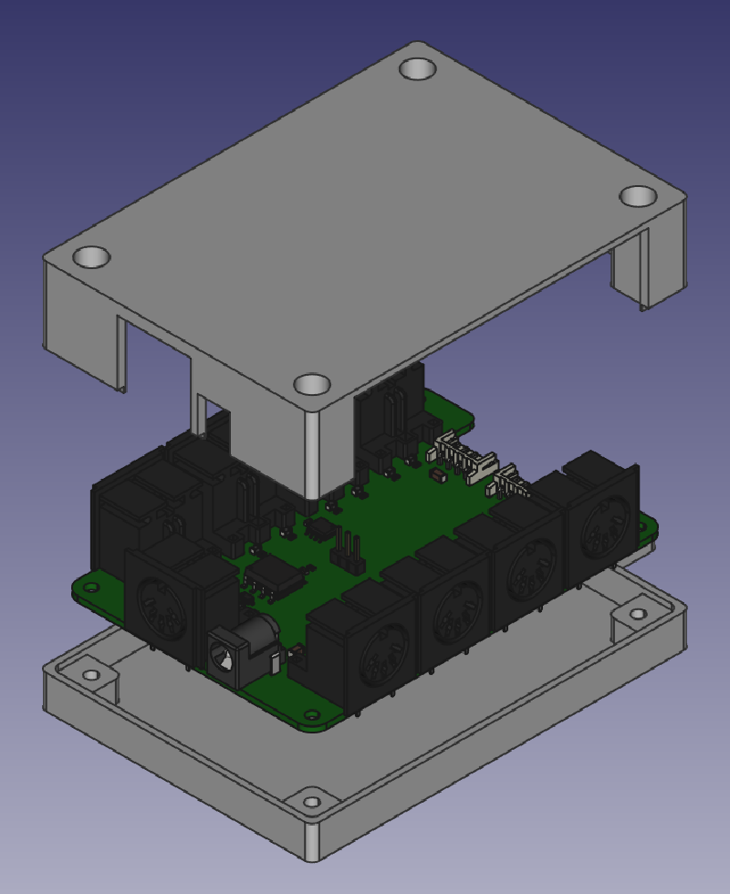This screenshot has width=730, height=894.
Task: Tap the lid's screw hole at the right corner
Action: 638,196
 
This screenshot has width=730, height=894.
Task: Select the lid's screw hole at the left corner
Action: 91,257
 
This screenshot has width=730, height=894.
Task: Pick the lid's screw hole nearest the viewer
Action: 312,384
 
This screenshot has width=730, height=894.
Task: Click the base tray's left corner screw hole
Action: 91,676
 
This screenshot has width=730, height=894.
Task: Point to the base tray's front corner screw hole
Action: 313,803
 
